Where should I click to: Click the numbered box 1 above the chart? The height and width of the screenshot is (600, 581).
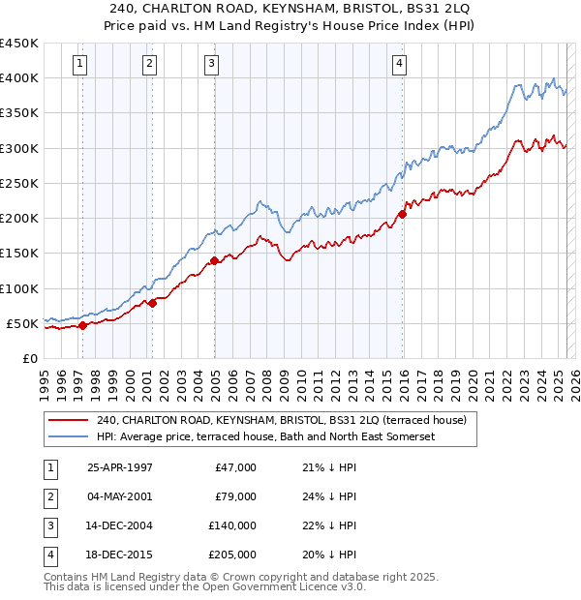pyautogui.click(x=79, y=64)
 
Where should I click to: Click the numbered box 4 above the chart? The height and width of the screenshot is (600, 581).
pyautogui.click(x=399, y=64)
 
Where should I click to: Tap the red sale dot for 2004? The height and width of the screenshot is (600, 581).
pyautogui.click(x=214, y=260)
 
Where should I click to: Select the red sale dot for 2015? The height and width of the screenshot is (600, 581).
pyautogui.click(x=403, y=214)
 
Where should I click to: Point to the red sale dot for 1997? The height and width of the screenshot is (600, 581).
pyautogui.click(x=82, y=325)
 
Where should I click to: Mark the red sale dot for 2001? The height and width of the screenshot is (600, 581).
pyautogui.click(x=152, y=303)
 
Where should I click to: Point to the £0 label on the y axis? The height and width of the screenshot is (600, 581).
pyautogui.click(x=29, y=358)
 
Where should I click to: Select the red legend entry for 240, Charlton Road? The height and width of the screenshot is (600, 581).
pyautogui.click(x=282, y=420)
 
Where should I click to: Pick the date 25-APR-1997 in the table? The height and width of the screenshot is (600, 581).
pyautogui.click(x=120, y=467)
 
